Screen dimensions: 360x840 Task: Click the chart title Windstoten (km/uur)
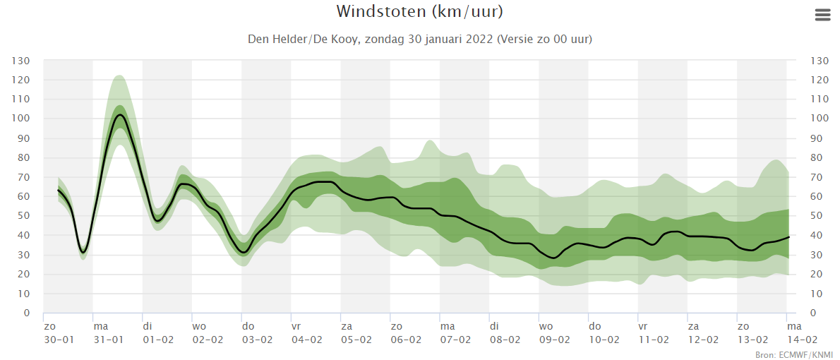[x=419, y=12]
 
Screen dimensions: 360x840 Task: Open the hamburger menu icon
[x=822, y=16]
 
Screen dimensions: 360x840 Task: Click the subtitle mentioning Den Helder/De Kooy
[x=419, y=40]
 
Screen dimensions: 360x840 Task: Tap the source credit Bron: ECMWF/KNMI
[x=795, y=354]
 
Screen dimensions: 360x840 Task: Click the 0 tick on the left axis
[x=27, y=313]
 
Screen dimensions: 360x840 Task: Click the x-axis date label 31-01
[x=109, y=339]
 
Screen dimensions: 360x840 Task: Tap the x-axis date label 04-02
[x=307, y=339]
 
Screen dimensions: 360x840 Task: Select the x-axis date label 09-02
[x=555, y=339]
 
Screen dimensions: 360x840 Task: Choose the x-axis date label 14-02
[x=794, y=339]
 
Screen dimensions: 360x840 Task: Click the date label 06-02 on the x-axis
[x=407, y=339]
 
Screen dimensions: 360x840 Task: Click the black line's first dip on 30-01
[x=83, y=252]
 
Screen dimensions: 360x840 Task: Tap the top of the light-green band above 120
[x=119, y=76]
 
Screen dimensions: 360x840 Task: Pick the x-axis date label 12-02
[x=704, y=339]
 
